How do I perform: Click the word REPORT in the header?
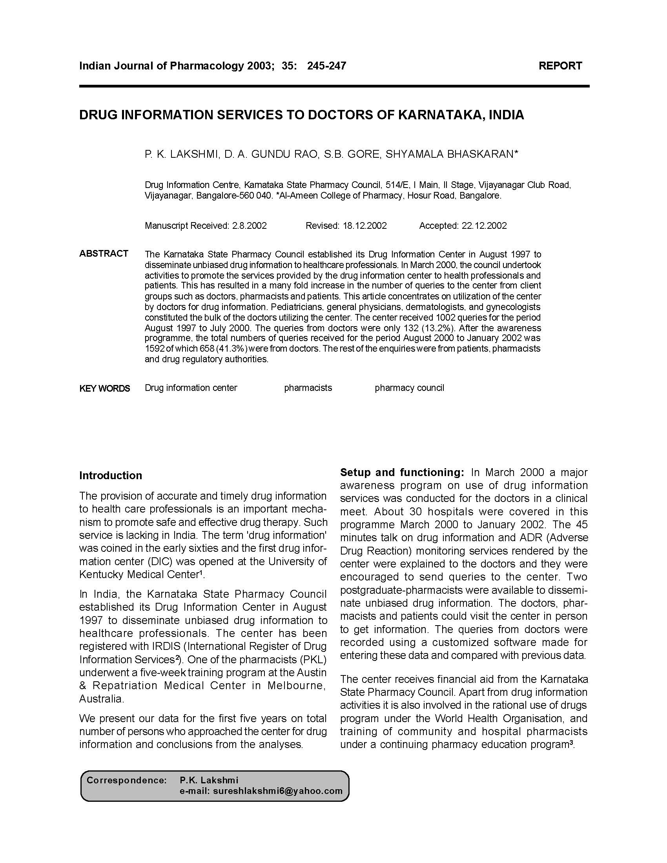(560, 66)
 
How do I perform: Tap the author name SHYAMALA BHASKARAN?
(451, 154)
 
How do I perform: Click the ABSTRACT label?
(104, 253)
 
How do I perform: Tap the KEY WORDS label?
(105, 389)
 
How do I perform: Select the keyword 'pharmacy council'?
(409, 388)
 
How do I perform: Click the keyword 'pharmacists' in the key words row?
(308, 388)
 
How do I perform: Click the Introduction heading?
(111, 475)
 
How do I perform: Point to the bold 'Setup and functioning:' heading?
(402, 472)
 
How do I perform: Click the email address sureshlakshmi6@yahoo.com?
(277, 791)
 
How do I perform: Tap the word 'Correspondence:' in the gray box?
(126, 780)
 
